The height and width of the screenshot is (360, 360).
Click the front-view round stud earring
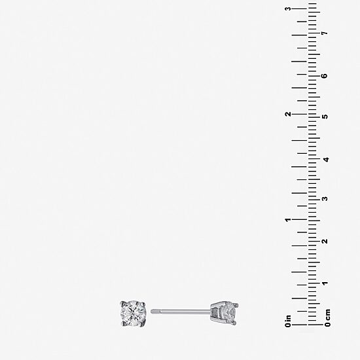point(133,313)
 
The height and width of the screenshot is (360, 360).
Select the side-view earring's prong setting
point(225,313)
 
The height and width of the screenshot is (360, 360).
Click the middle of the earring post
point(181,312)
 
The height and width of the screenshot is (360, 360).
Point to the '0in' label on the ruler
point(288,321)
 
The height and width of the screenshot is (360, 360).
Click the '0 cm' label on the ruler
point(328,317)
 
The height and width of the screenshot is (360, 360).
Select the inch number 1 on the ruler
point(288,220)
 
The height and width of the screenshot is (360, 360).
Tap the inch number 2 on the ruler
point(288,114)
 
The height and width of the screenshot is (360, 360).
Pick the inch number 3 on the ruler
point(288,9)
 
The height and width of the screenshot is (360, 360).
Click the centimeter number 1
point(325,283)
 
